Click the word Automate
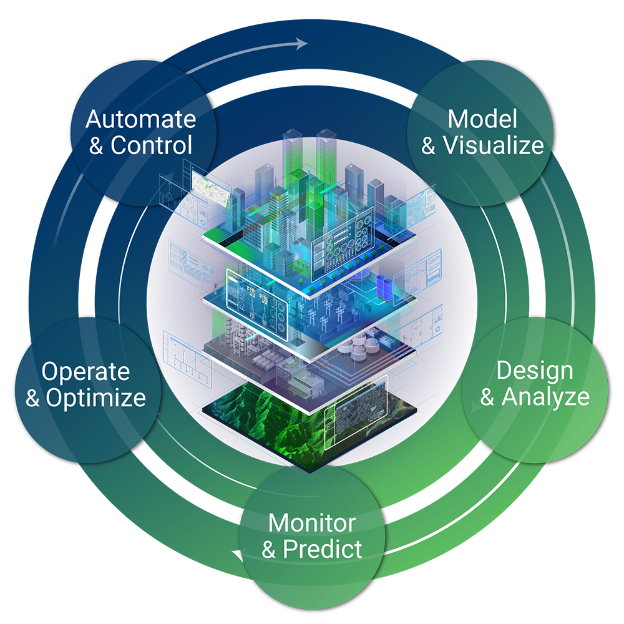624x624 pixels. tap(141, 119)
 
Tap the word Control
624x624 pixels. tap(152, 146)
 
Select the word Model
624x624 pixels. tap(482, 119)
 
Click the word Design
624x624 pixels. tap(526, 371)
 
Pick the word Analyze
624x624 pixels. tap(545, 397)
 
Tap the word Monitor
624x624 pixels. tap(312, 522)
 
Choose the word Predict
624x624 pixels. tap(322, 549)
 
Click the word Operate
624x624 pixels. tap(85, 372)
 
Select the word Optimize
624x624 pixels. tap(96, 399)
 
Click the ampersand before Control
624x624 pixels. tap(96, 146)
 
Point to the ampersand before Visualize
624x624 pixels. tap(429, 146)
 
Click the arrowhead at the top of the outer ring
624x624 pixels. tap(302, 44)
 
